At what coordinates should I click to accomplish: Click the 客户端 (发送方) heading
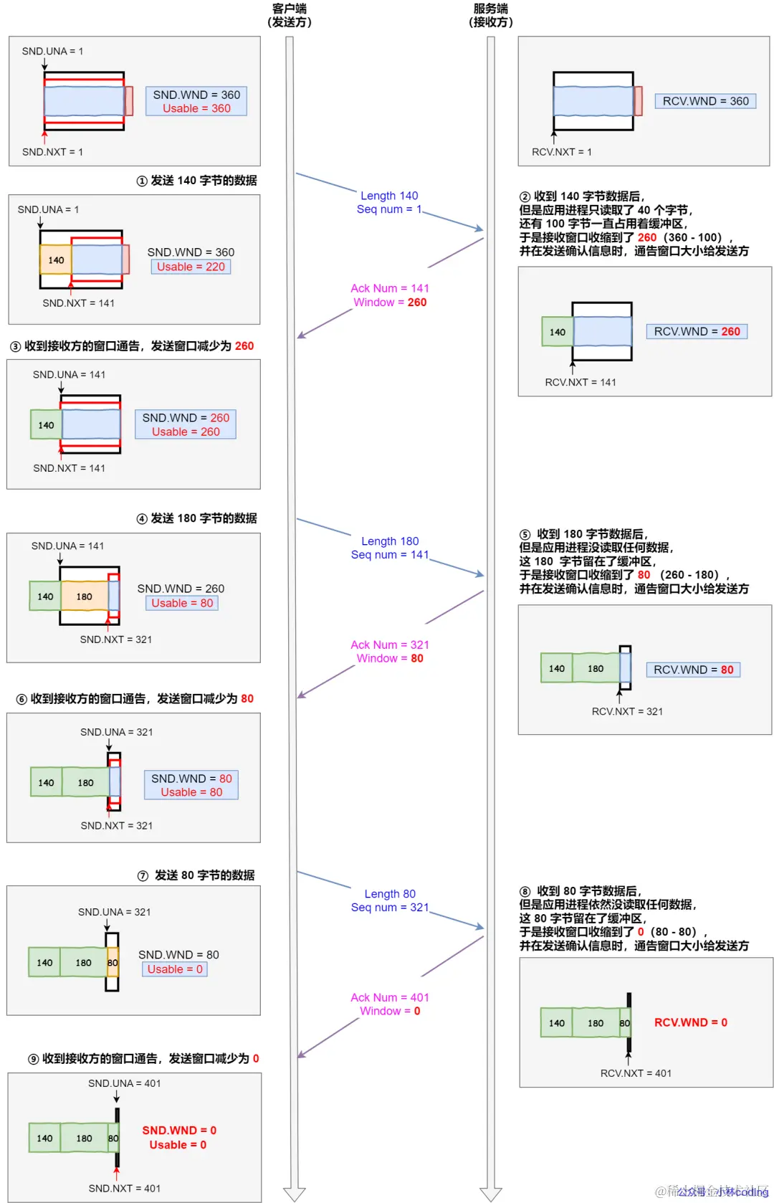click(290, 15)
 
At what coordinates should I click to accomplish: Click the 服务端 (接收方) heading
click(491, 15)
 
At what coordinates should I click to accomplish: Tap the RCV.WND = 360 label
click(705, 101)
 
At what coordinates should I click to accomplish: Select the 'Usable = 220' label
click(191, 267)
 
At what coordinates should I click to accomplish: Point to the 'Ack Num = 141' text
click(390, 288)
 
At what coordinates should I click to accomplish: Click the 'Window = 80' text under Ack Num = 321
click(390, 659)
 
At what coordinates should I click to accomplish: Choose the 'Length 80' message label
click(390, 894)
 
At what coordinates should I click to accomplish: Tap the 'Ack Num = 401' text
click(390, 997)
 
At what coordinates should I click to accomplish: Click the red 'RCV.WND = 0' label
click(690, 1022)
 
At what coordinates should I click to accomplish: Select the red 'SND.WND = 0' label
click(179, 1131)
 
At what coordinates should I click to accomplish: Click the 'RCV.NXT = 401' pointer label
click(636, 1073)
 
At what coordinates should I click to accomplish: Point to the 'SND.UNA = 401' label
click(124, 1083)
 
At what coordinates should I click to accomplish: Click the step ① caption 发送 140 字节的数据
click(204, 181)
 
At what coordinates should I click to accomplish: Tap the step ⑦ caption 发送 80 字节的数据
click(204, 875)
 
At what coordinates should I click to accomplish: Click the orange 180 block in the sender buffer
click(85, 596)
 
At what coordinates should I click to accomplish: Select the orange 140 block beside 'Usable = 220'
click(56, 260)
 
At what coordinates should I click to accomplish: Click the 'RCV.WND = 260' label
click(697, 331)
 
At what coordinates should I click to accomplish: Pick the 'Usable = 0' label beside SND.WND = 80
click(175, 969)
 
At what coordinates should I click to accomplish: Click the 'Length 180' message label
click(390, 541)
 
